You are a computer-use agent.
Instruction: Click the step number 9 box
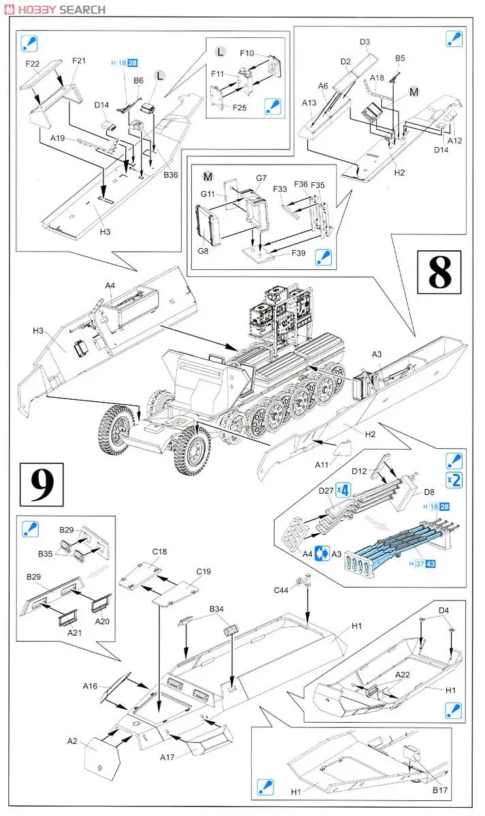pyautogui.click(x=41, y=483)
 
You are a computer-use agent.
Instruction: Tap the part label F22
pyautogui.click(x=33, y=64)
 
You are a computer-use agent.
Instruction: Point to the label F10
pyautogui.click(x=247, y=52)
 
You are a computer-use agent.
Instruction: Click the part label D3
pyautogui.click(x=365, y=42)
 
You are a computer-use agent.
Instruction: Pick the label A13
pyautogui.click(x=310, y=103)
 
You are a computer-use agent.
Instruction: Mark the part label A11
pyautogui.click(x=322, y=465)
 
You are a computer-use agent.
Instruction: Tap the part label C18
pyautogui.click(x=160, y=551)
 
